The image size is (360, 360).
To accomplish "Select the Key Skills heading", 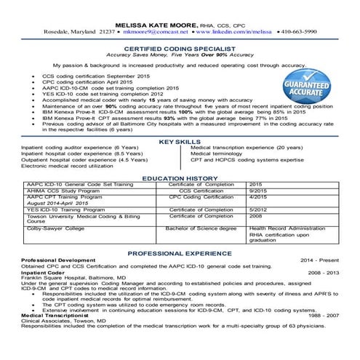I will point(180,141).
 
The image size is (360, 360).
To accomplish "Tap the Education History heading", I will point(180,177).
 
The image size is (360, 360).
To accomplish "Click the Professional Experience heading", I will point(180,252).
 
